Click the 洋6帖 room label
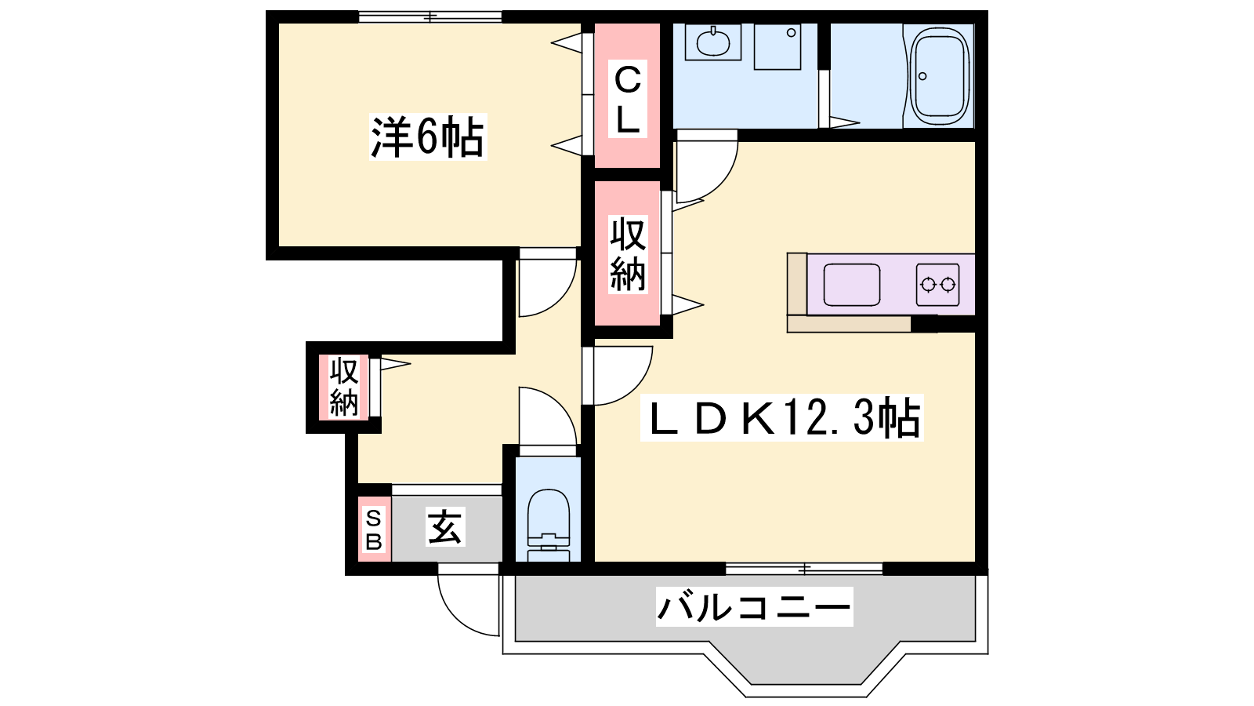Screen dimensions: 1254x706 click(428, 136)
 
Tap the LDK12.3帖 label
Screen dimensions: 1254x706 click(782, 418)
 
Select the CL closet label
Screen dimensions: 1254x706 click(628, 99)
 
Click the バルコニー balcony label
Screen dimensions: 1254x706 click(754, 607)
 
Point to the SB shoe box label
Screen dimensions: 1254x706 click(374, 529)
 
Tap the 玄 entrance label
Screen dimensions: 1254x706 click(445, 526)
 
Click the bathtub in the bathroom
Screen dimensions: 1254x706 click(940, 75)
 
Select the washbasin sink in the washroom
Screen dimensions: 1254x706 click(712, 42)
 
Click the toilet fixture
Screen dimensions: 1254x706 click(548, 526)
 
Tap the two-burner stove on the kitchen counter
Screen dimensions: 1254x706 click(937, 285)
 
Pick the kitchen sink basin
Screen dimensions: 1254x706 click(851, 285)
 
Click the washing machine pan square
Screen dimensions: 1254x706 click(777, 46)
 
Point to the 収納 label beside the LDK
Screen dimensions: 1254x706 click(628, 254)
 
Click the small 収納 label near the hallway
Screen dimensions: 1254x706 click(343, 387)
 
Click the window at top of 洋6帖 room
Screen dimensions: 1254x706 click(430, 16)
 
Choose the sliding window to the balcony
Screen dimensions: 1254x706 click(804, 569)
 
